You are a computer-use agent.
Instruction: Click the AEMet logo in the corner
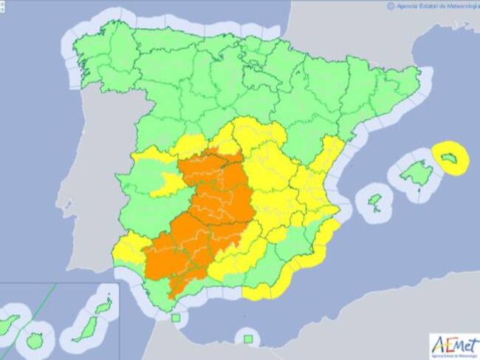(453, 345)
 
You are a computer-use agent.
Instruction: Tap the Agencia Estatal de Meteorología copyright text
(431, 5)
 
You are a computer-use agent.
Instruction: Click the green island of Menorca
(451, 157)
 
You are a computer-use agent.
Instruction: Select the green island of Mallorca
(415, 175)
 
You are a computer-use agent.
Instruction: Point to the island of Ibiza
(375, 200)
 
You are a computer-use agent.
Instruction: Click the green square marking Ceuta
(176, 319)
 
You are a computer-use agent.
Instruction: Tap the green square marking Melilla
(248, 339)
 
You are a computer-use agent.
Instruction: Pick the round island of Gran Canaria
(35, 342)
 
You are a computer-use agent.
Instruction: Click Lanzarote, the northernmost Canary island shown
(103, 305)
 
